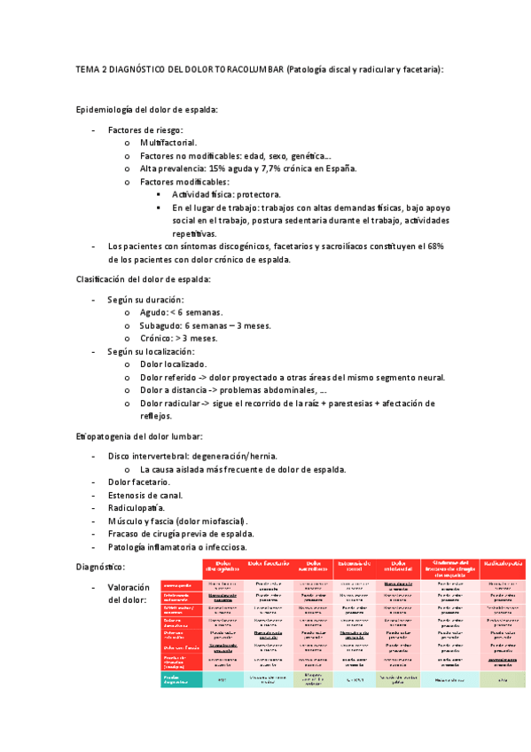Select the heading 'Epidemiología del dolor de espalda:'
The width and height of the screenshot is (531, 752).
click(147, 110)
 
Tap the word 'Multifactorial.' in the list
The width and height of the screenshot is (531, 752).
click(168, 143)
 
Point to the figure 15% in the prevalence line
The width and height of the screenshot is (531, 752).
click(219, 168)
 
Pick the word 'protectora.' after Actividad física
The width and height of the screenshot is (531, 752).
click(252, 194)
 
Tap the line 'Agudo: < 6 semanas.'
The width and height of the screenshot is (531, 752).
click(181, 313)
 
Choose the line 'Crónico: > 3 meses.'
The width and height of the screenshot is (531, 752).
click(178, 339)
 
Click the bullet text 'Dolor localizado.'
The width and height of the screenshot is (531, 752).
click(174, 364)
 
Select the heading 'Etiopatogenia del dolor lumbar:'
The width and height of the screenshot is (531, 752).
click(141, 436)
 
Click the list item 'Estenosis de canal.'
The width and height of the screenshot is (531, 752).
click(144, 495)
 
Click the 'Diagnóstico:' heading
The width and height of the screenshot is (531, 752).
click(101, 566)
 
